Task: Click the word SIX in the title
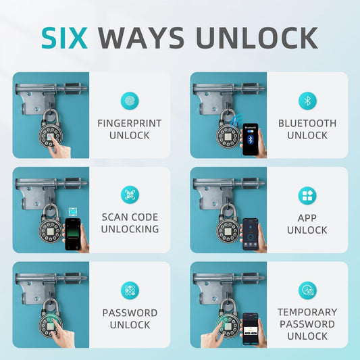(65, 38)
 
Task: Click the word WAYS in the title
(141, 38)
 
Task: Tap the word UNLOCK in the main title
(257, 38)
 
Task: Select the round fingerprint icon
(130, 101)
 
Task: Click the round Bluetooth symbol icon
(307, 101)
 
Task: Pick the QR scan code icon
(130, 195)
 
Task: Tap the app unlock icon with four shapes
(307, 196)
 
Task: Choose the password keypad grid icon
(130, 290)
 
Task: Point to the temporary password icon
(307, 290)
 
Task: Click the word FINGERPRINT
(130, 124)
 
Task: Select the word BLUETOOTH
(307, 124)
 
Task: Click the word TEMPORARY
(307, 312)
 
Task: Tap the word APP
(307, 218)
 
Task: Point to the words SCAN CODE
(130, 217)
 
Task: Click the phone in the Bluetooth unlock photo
(251, 139)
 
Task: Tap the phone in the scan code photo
(73, 234)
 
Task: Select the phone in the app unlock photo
(251, 234)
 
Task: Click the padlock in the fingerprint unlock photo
(51, 128)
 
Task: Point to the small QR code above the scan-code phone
(72, 212)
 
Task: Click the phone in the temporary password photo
(251, 329)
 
